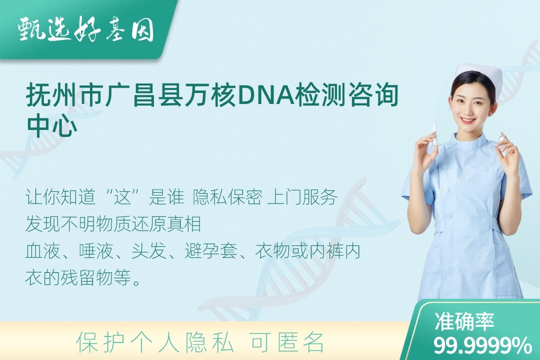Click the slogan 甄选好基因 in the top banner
click(x=85, y=30)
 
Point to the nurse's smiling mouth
click(x=468, y=120)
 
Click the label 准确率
click(x=464, y=321)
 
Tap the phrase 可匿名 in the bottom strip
click(x=287, y=342)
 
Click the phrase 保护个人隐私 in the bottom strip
click(x=155, y=342)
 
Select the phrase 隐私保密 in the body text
click(x=227, y=197)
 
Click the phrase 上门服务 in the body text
click(x=302, y=197)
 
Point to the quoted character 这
click(x=123, y=197)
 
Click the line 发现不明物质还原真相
click(x=113, y=224)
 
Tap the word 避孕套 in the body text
click(x=211, y=251)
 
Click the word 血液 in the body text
click(x=43, y=251)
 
